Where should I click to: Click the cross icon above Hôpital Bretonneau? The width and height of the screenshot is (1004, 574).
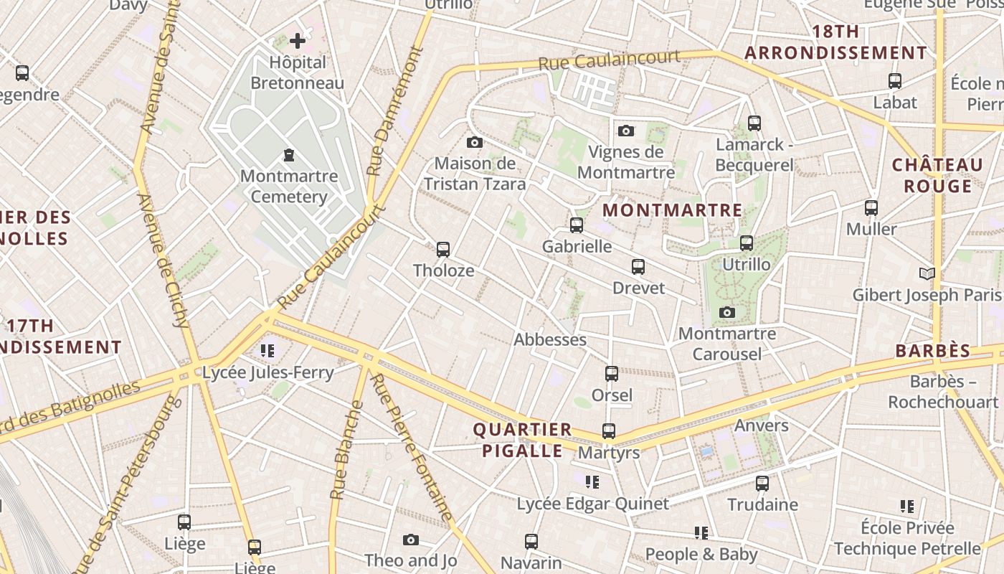[298, 40]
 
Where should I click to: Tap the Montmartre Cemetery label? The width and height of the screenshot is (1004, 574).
[289, 186]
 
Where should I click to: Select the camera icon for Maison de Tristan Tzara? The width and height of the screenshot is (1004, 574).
[475, 142]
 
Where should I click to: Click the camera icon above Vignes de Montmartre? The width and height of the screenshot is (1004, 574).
[626, 131]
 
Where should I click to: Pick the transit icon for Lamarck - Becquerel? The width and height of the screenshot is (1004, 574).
[754, 123]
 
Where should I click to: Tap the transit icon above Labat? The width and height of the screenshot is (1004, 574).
[895, 80]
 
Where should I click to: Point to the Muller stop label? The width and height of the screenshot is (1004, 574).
[871, 229]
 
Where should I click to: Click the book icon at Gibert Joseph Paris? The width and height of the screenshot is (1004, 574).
[927, 273]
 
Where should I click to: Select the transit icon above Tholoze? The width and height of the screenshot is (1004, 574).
[443, 249]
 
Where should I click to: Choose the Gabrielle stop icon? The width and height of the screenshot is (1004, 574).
[577, 225]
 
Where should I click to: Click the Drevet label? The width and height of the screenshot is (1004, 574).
[638, 288]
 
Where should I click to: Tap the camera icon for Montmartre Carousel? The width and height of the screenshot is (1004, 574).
[727, 312]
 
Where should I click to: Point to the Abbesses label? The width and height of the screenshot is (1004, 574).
[550, 339]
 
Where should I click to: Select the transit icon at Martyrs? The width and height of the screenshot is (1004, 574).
[609, 430]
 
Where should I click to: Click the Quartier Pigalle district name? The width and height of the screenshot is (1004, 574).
[522, 440]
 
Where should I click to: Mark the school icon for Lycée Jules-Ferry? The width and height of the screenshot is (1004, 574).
[267, 351]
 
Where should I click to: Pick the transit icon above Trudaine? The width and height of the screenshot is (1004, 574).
[762, 483]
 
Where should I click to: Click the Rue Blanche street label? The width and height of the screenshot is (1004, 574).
[347, 451]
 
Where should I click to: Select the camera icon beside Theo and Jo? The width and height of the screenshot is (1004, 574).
[410, 540]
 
